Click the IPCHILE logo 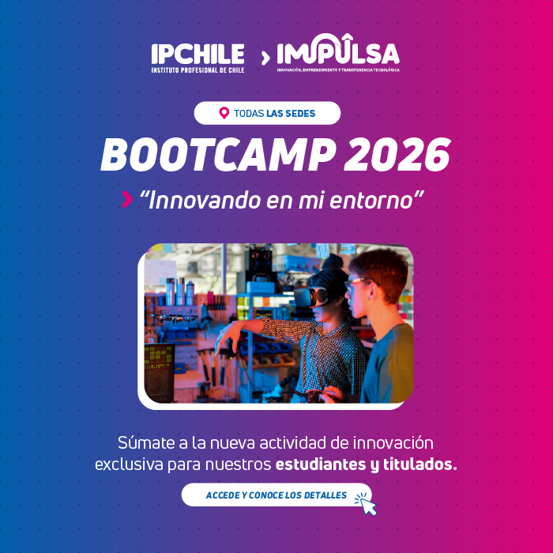(197, 57)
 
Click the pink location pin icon (224, 113)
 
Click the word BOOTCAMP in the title (213, 156)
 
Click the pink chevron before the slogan (127, 201)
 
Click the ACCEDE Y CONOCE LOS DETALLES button (276, 495)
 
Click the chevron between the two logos (265, 57)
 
